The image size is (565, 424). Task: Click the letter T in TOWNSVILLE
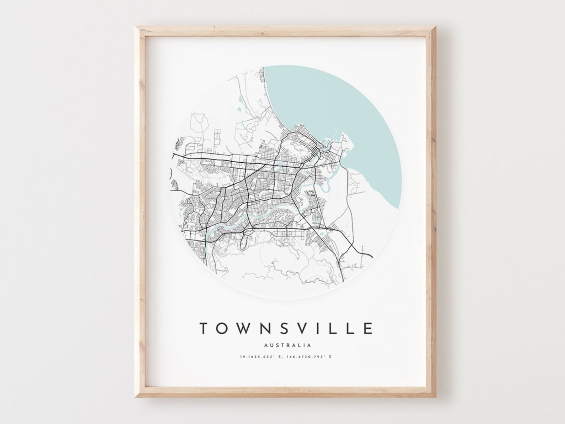[204, 328]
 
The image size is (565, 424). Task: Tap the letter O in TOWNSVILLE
[224, 328]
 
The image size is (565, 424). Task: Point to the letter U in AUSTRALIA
[271, 345]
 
